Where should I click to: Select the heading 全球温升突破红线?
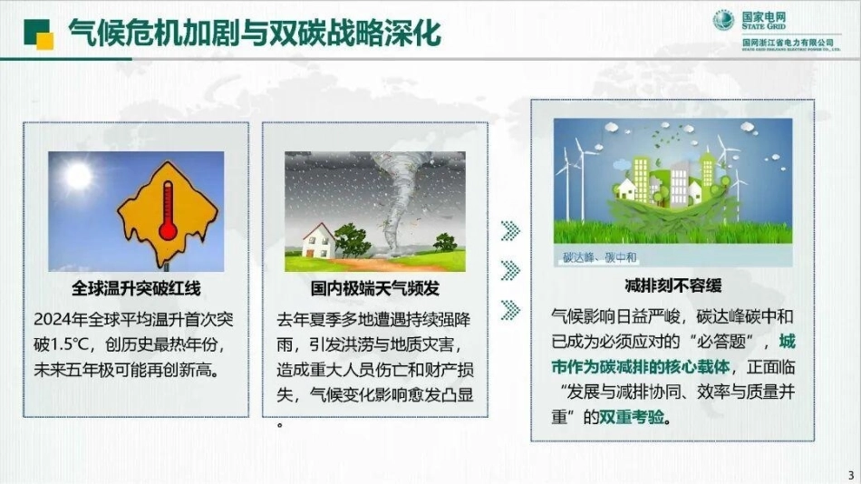coord(136,289)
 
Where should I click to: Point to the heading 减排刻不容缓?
coord(672,286)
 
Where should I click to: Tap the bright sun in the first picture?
coord(78,174)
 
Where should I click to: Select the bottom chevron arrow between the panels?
coord(510,310)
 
